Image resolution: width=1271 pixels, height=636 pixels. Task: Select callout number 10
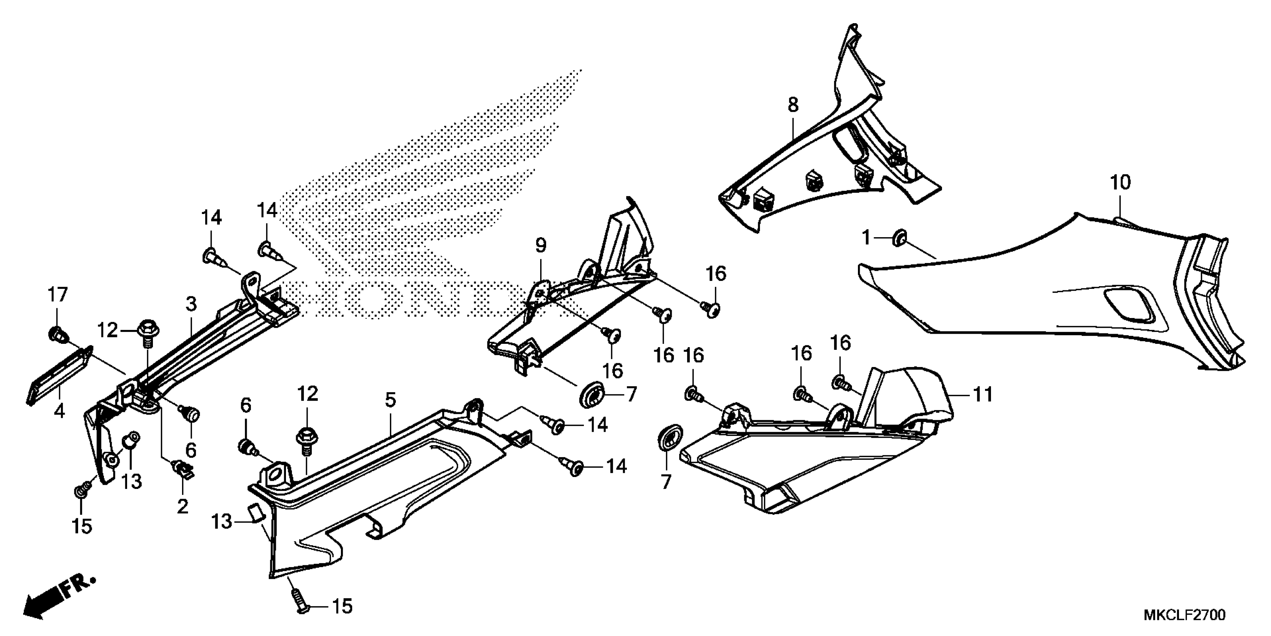(1120, 183)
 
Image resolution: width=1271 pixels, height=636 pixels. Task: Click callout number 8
(793, 105)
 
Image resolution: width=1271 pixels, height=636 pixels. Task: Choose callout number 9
(541, 245)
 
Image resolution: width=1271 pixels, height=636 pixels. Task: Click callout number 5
(390, 400)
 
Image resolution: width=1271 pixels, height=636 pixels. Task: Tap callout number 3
(191, 304)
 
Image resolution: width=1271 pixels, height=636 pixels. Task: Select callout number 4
(59, 411)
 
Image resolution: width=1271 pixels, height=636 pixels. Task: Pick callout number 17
(57, 295)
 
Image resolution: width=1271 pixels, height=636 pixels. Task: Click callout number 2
(182, 506)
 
